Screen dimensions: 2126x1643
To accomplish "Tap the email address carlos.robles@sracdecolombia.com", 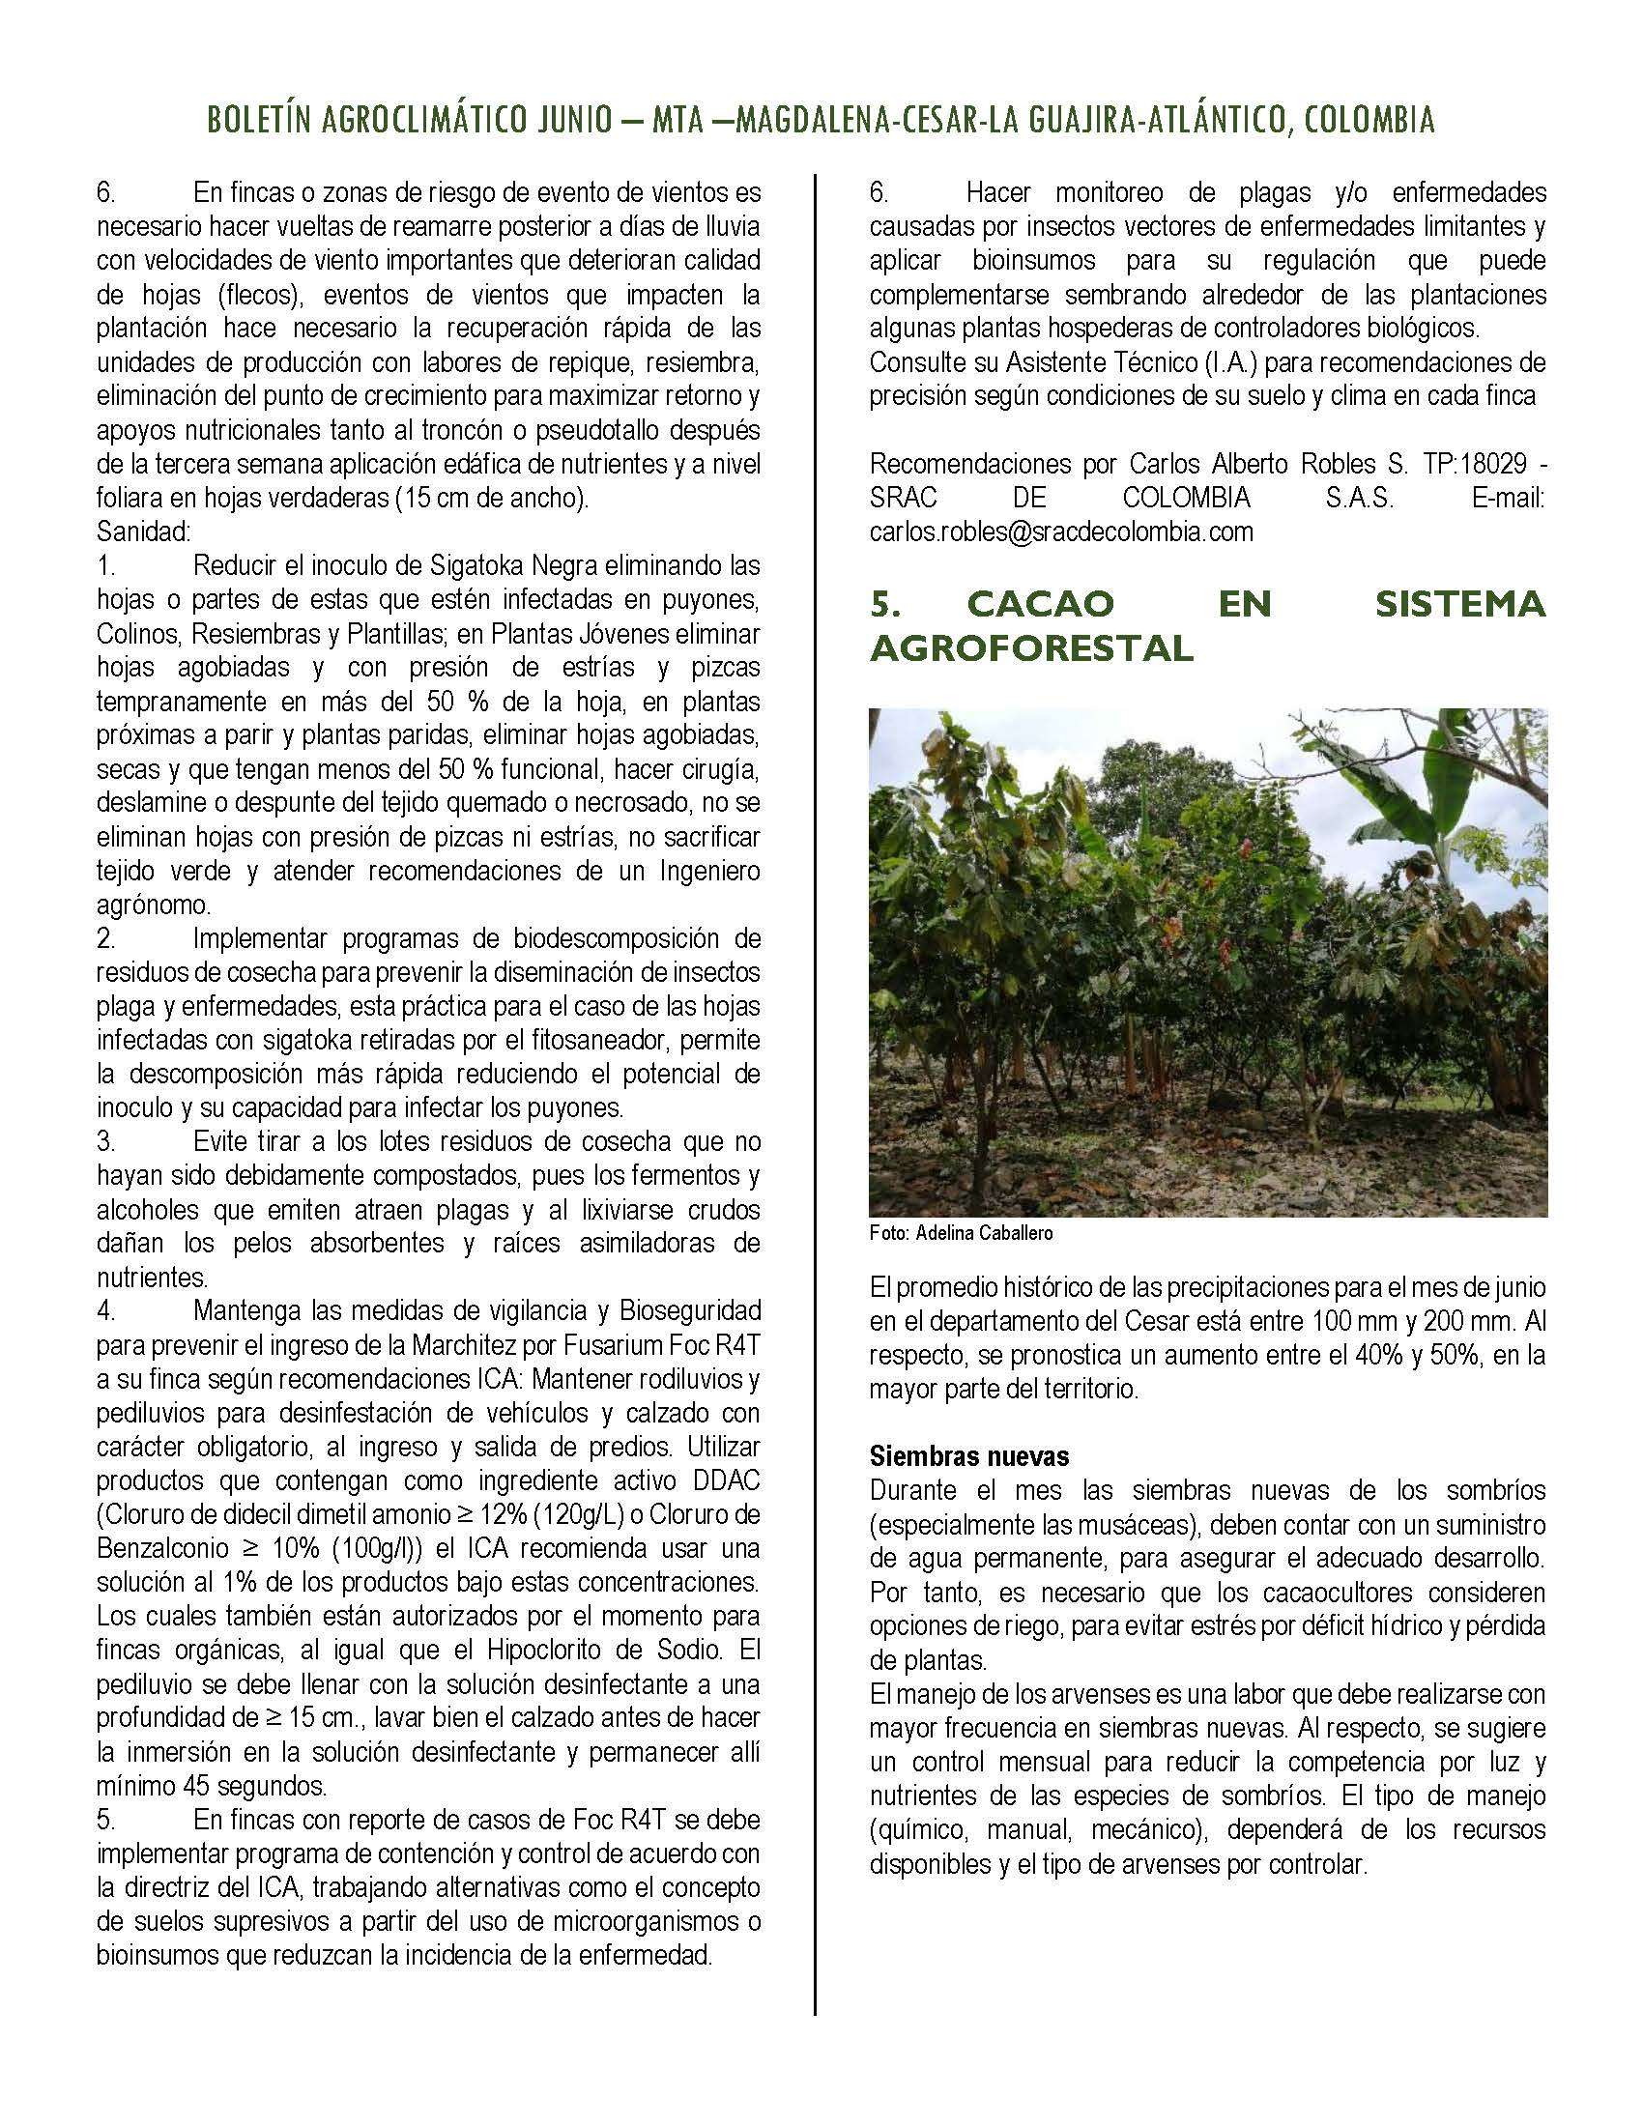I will pyautogui.click(x=1061, y=531).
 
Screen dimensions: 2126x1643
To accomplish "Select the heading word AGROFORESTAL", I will pyautogui.click(x=1031, y=647).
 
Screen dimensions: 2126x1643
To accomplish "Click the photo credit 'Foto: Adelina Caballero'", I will pyautogui.click(x=961, y=1233).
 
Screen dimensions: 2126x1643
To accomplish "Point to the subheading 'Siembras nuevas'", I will pyautogui.click(x=969, y=1456).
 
